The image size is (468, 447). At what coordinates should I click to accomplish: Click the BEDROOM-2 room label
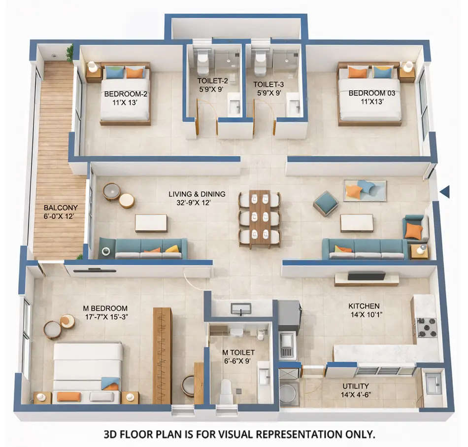point(126,94)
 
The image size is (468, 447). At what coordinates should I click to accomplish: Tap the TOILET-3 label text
point(268,84)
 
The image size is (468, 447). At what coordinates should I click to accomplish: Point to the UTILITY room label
point(356,386)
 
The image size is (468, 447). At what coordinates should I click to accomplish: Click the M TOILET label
point(238,352)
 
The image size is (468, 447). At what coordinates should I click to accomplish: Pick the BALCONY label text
point(57,207)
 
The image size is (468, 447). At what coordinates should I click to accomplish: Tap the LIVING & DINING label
point(197,194)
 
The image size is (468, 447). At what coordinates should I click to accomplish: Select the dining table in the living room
point(260,217)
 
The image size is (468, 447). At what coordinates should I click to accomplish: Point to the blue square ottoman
point(325,203)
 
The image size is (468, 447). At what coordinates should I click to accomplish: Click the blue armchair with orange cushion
point(414,228)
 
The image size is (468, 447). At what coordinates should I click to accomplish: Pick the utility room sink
point(433,383)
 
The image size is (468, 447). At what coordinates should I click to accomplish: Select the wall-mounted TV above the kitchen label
point(367,276)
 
